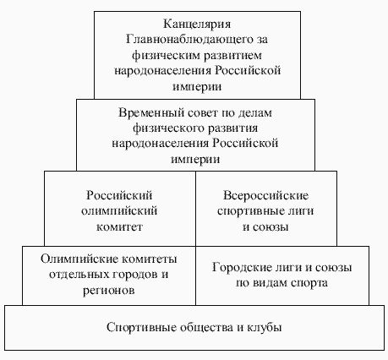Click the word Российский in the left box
(120, 196)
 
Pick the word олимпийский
(120, 211)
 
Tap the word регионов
(108, 290)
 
